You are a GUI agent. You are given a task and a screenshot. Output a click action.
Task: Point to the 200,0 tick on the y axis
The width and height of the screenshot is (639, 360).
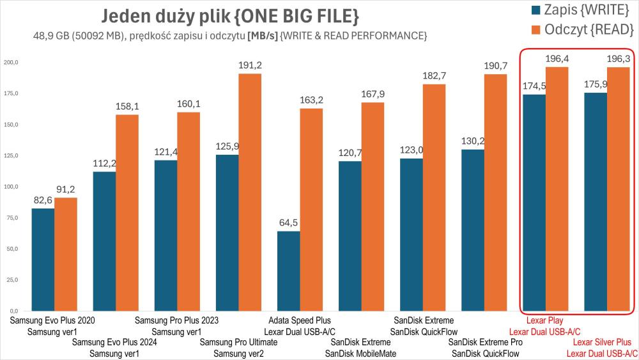tap(12, 62)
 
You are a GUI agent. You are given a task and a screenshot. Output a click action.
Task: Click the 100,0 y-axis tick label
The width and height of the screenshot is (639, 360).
tap(12, 187)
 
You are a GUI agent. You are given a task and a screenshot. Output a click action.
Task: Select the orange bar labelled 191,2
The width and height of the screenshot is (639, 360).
tap(250, 192)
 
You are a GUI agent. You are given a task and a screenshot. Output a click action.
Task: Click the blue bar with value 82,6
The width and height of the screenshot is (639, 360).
tap(43, 260)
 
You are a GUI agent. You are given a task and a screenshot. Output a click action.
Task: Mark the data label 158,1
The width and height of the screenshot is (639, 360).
tap(127, 107)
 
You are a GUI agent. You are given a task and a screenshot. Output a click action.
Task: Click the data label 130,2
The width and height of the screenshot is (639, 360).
tap(472, 141)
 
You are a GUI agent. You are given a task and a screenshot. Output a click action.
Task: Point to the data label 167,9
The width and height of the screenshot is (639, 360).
tap(373, 95)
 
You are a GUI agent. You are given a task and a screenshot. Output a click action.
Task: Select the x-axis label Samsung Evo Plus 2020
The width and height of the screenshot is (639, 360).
tap(52, 320)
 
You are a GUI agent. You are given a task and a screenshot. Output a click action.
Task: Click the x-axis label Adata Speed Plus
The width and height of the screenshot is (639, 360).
tap(300, 320)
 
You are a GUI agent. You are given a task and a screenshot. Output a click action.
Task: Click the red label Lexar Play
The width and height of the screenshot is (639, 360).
tap(544, 320)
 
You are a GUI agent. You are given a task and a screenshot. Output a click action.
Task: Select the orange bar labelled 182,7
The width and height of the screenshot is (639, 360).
tap(434, 198)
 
